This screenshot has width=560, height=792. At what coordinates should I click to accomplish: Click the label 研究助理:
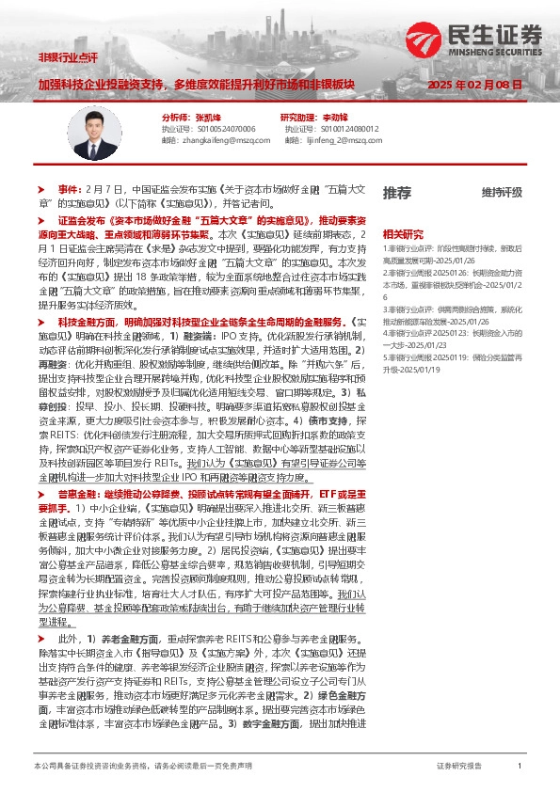pos(300,117)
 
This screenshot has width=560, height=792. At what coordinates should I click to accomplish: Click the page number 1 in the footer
pos(520,768)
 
